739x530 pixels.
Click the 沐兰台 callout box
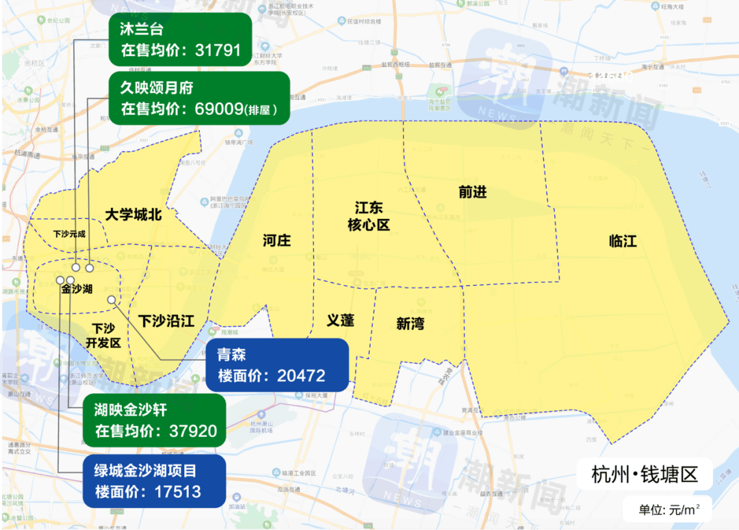tap(180, 40)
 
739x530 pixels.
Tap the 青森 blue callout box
tap(276, 365)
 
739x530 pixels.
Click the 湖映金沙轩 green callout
tap(154, 421)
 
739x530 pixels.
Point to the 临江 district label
tap(623, 241)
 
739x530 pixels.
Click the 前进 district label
tap(472, 192)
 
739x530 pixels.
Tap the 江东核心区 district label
tap(368, 215)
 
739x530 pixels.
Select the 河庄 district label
tap(276, 240)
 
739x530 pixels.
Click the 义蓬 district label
tap(340, 320)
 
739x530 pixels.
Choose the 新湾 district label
tap(410, 323)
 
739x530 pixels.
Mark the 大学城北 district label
tap(133, 215)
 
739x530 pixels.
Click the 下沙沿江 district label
tap(166, 321)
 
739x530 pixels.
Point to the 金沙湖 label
tap(77, 289)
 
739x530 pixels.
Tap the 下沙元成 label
tap(70, 234)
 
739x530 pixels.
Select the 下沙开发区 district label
tap(103, 335)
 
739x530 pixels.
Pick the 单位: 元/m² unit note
tap(665, 509)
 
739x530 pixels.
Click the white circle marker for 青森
tap(111, 300)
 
